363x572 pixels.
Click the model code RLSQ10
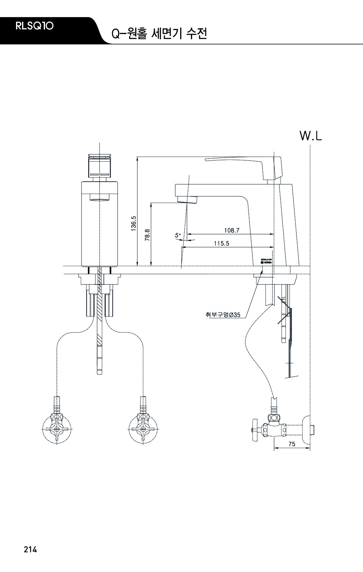click(x=34, y=26)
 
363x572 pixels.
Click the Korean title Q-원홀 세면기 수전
click(x=159, y=34)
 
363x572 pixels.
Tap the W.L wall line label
click(x=311, y=136)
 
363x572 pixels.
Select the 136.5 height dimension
click(x=134, y=223)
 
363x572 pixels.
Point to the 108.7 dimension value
click(x=231, y=230)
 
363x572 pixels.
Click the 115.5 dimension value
click(x=221, y=243)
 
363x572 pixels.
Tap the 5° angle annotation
click(x=178, y=235)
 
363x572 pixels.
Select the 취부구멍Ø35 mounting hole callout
click(x=223, y=315)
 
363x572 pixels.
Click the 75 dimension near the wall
click(x=292, y=444)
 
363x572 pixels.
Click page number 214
click(x=30, y=549)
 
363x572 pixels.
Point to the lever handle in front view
click(x=100, y=166)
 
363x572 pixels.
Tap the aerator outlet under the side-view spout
click(x=187, y=199)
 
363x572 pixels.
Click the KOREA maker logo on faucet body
click(x=266, y=261)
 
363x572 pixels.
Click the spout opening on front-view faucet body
click(x=100, y=199)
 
